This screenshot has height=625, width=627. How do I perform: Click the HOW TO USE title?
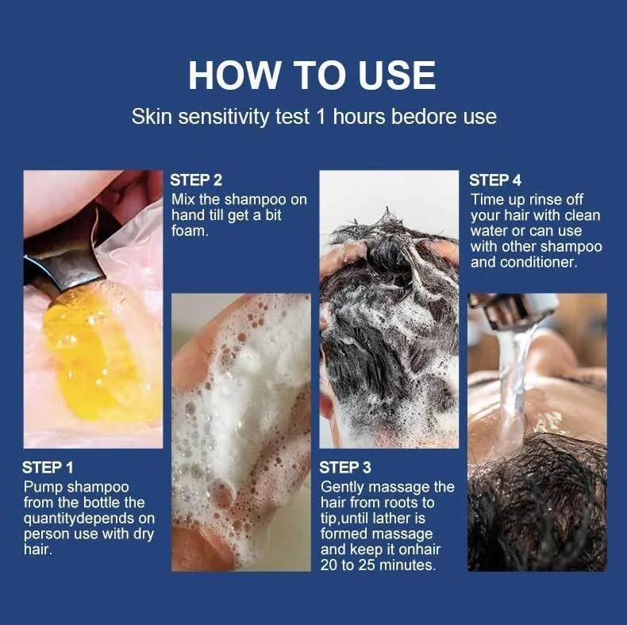pyautogui.click(x=312, y=75)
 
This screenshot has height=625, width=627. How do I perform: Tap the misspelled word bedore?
pyautogui.click(x=425, y=117)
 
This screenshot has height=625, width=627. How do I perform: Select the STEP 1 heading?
pyautogui.click(x=48, y=467)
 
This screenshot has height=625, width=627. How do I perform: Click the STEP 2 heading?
pyautogui.click(x=196, y=180)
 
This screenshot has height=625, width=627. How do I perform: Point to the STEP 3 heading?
pyautogui.click(x=345, y=467)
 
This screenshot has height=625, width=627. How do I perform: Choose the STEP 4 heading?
pyautogui.click(x=495, y=180)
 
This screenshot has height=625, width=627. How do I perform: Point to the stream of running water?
pyautogui.click(x=514, y=384)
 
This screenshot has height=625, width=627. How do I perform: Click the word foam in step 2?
pyautogui.click(x=189, y=231)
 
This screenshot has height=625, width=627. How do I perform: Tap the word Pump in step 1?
pyautogui.click(x=44, y=488)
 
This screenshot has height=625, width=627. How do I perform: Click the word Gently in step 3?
pyautogui.click(x=342, y=488)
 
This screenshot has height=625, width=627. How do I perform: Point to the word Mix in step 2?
pyautogui.click(x=183, y=199)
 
